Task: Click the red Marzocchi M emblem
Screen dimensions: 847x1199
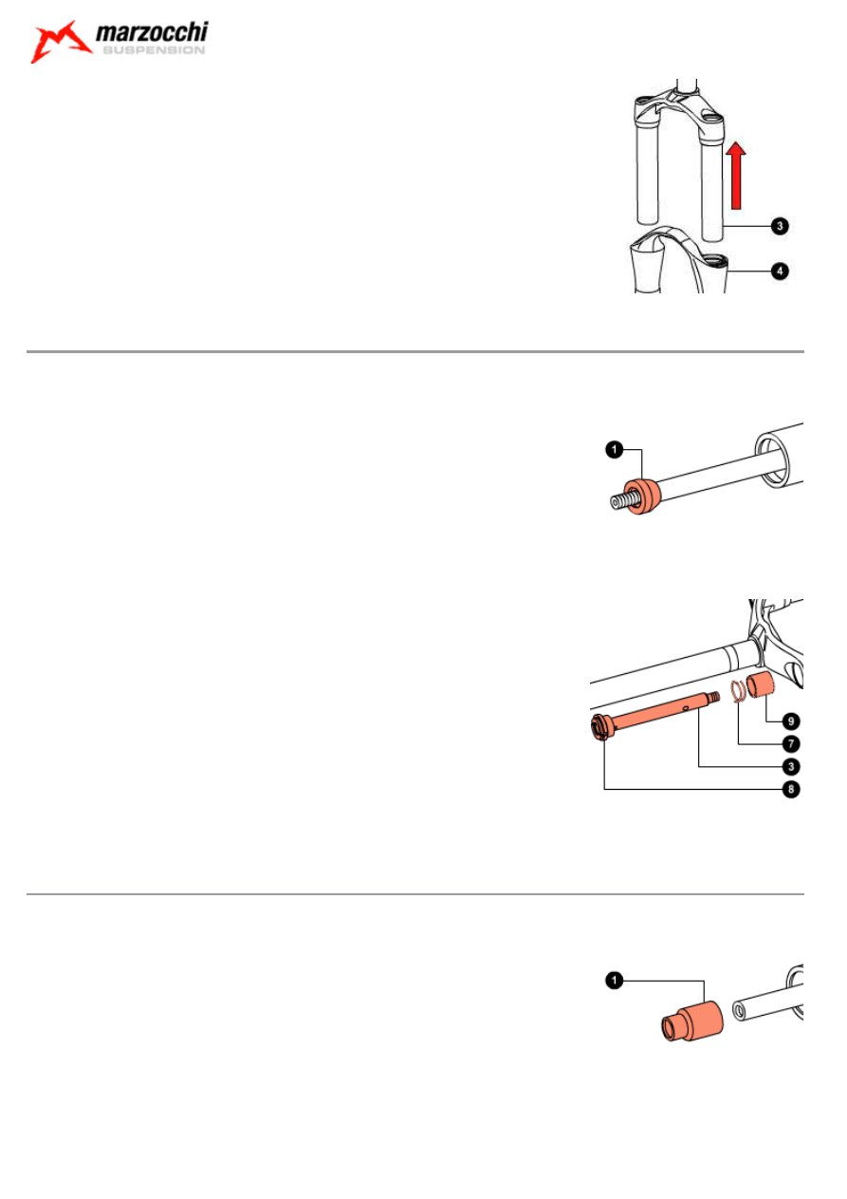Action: point(61,42)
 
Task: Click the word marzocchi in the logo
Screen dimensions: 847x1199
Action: point(152,32)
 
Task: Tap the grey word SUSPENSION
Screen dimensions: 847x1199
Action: point(154,50)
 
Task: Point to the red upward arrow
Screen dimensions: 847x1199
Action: point(736,175)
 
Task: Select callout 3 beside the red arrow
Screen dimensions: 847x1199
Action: point(780,226)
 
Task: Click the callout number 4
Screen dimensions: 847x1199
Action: point(780,271)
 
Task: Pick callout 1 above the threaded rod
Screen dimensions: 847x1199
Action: point(615,449)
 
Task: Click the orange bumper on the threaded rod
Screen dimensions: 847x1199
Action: point(643,496)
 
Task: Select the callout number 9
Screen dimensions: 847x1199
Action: point(791,721)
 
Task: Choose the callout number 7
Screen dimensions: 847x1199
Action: point(791,743)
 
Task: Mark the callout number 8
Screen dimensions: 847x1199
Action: point(791,789)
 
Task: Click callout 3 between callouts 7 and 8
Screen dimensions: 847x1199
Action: point(791,766)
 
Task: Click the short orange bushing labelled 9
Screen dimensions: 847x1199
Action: point(760,684)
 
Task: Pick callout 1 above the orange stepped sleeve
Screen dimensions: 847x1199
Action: point(615,980)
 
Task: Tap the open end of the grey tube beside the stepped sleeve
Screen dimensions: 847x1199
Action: point(740,1012)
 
